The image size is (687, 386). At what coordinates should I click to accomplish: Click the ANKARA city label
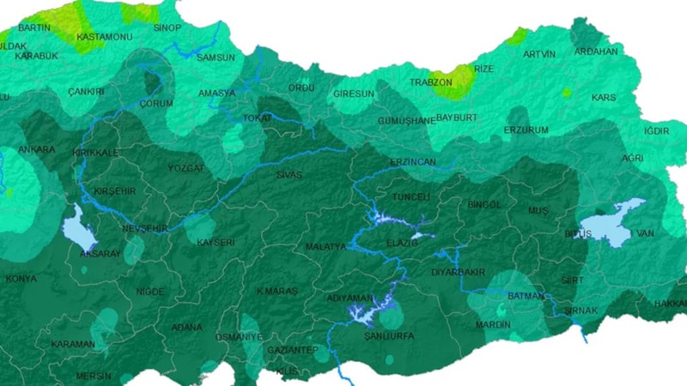pyautogui.click(x=35, y=149)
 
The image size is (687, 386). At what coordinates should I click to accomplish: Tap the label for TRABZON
pyautogui.click(x=430, y=82)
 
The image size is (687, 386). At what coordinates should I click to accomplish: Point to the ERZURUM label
pyautogui.click(x=526, y=130)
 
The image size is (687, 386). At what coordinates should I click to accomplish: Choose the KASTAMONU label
pyautogui.click(x=103, y=38)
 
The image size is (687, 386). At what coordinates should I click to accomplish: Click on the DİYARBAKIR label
pyautogui.click(x=458, y=272)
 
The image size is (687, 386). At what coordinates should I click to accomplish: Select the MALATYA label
pyautogui.click(x=325, y=246)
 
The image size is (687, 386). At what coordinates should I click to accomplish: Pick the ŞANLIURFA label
pyautogui.click(x=389, y=336)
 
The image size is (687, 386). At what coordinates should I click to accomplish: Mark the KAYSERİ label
pyautogui.click(x=216, y=243)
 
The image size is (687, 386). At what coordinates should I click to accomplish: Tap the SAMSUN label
pyautogui.click(x=216, y=57)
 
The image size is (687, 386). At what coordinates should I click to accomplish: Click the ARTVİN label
pyautogui.click(x=539, y=54)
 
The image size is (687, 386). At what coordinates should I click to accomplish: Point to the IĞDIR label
pyautogui.click(x=656, y=131)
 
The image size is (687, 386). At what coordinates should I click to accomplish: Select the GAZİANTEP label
pyautogui.click(x=292, y=350)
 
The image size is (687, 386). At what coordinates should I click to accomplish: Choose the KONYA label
pyautogui.click(x=21, y=279)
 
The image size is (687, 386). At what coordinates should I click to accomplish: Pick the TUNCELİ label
pyautogui.click(x=410, y=197)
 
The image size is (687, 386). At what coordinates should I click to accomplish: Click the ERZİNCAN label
pyautogui.click(x=413, y=162)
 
